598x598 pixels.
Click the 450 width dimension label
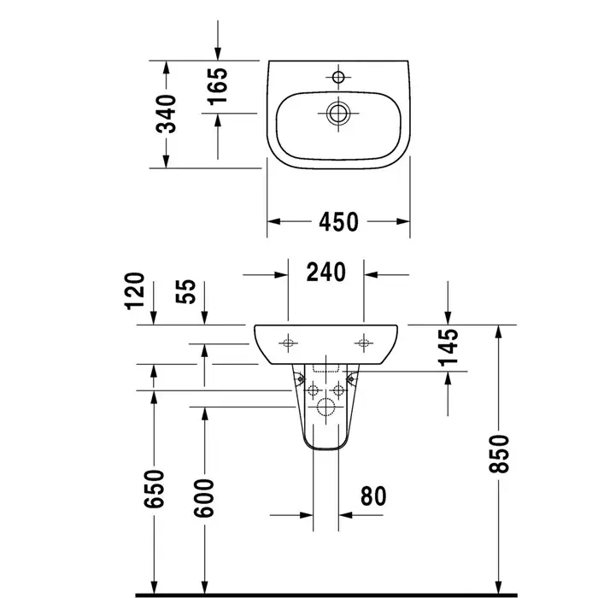[x=338, y=222]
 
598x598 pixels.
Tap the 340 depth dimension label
[x=167, y=114]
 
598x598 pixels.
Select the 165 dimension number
[x=217, y=86]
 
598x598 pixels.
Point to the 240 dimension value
[x=326, y=272]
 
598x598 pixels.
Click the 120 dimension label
[x=135, y=290]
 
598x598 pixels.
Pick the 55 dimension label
[x=185, y=291]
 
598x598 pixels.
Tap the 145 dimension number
[x=448, y=348]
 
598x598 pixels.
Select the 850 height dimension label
[x=499, y=454]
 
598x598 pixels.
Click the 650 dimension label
[x=154, y=489]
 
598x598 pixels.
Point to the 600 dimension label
[x=204, y=498]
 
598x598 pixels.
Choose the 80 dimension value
[x=373, y=496]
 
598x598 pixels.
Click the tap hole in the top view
[x=338, y=77]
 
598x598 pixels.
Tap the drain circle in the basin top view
[x=338, y=114]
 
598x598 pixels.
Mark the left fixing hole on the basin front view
[x=288, y=343]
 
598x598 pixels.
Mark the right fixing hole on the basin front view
[x=363, y=343]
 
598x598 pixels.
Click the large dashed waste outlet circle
[x=325, y=407]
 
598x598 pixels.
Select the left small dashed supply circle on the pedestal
[x=313, y=390]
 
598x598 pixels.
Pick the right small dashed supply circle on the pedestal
[x=338, y=390]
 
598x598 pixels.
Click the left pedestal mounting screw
[x=301, y=378]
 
